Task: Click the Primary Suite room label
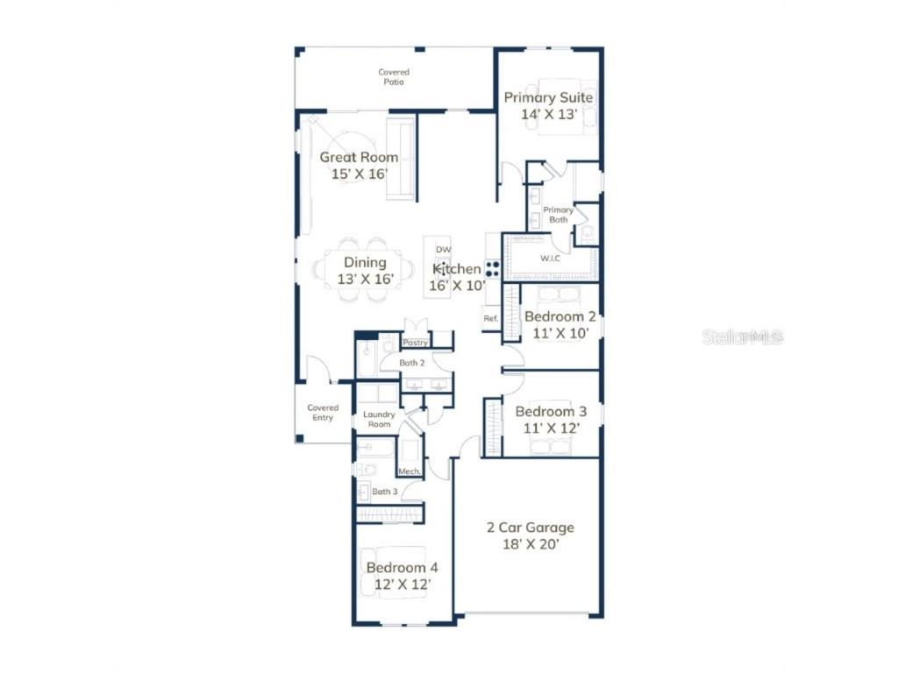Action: click(548, 97)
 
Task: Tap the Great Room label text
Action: click(359, 158)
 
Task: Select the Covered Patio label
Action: click(394, 77)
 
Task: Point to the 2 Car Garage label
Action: click(531, 528)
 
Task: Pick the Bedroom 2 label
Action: click(559, 316)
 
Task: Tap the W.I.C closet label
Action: click(550, 258)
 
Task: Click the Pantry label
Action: click(415, 343)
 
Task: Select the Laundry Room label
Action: click(379, 419)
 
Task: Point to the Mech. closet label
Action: click(410, 471)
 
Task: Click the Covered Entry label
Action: click(323, 412)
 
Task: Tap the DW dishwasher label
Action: click(443, 250)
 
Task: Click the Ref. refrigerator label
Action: click(491, 318)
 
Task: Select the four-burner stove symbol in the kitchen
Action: click(493, 269)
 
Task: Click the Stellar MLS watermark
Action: click(742, 336)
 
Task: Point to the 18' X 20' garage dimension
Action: click(531, 544)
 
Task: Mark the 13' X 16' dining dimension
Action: click(365, 280)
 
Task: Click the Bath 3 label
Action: click(385, 492)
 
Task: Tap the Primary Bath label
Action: click(559, 215)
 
